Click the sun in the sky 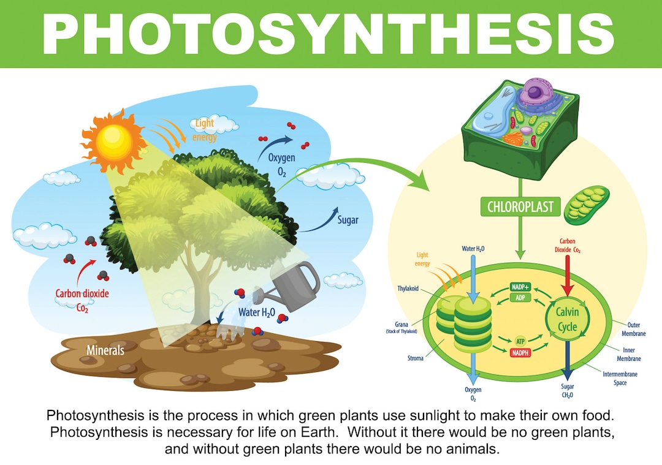[112, 140]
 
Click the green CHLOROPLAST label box [520, 206]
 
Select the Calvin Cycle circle [567, 319]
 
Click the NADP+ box [520, 287]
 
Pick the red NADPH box [520, 352]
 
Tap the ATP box [520, 341]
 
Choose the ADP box [520, 298]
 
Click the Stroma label [415, 358]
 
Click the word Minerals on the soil [105, 350]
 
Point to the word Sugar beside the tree [348, 219]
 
